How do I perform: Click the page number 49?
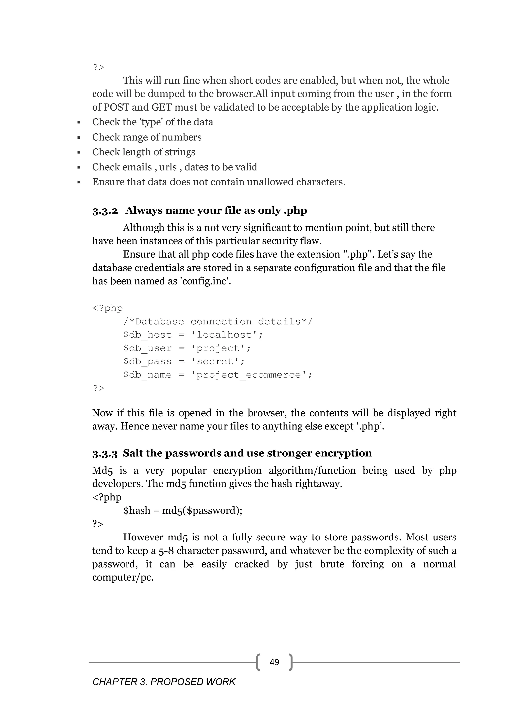point(274,662)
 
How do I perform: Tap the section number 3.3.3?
point(105,453)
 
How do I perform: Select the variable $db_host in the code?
point(147,335)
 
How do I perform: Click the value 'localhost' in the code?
point(227,335)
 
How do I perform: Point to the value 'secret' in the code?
point(217,361)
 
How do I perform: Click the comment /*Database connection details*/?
point(218,322)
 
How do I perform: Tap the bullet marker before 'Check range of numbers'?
point(79,137)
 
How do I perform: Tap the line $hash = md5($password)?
point(183,511)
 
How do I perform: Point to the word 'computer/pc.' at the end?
point(123,577)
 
